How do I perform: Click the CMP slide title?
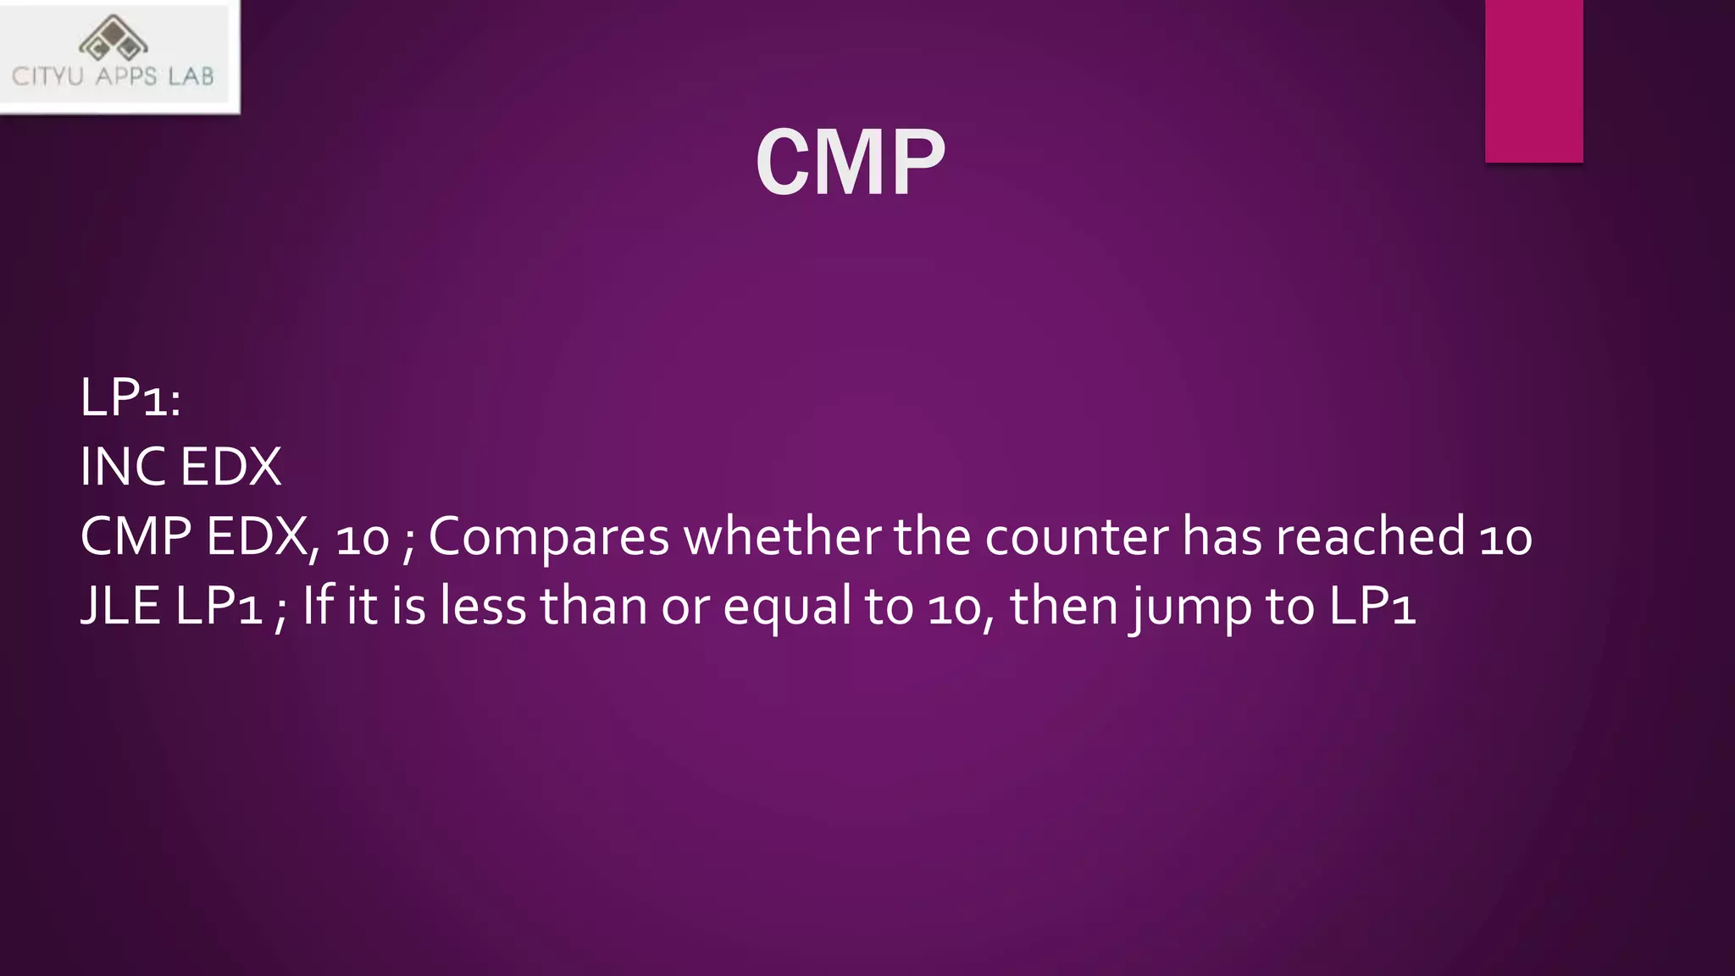[850, 162]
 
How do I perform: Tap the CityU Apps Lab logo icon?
[114, 38]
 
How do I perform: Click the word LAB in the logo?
[191, 77]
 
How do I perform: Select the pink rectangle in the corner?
[1533, 80]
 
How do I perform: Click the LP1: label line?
[130, 397]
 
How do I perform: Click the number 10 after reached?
[1505, 538]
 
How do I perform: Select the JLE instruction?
[120, 606]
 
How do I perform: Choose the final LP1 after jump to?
[1372, 606]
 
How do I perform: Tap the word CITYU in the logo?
[47, 77]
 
